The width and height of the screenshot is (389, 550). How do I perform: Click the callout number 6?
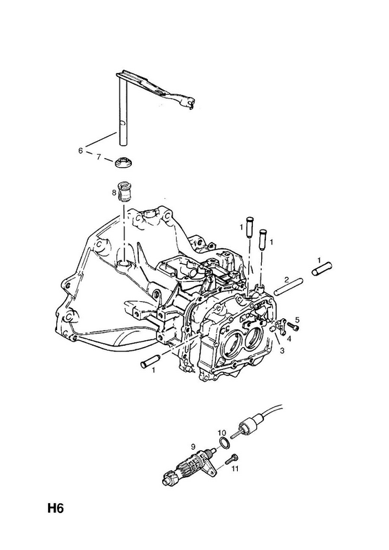(80, 151)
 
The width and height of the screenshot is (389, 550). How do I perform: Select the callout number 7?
(98, 157)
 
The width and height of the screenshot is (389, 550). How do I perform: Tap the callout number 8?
(113, 192)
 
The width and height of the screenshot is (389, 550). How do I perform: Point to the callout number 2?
(287, 280)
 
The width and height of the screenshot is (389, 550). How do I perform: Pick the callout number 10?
(222, 432)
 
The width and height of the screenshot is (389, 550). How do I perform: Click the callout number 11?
(234, 468)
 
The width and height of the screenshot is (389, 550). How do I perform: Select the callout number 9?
(192, 446)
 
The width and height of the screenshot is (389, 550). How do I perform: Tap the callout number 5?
(298, 320)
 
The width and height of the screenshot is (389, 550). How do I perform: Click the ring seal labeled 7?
(124, 163)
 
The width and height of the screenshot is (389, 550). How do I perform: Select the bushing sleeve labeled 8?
(124, 192)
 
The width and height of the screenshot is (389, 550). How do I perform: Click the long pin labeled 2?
(289, 287)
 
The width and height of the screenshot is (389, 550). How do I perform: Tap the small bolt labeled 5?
(293, 327)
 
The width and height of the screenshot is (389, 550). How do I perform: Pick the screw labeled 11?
(232, 457)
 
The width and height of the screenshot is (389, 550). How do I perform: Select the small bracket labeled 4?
(281, 325)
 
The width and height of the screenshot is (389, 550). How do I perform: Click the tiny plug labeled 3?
(271, 329)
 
